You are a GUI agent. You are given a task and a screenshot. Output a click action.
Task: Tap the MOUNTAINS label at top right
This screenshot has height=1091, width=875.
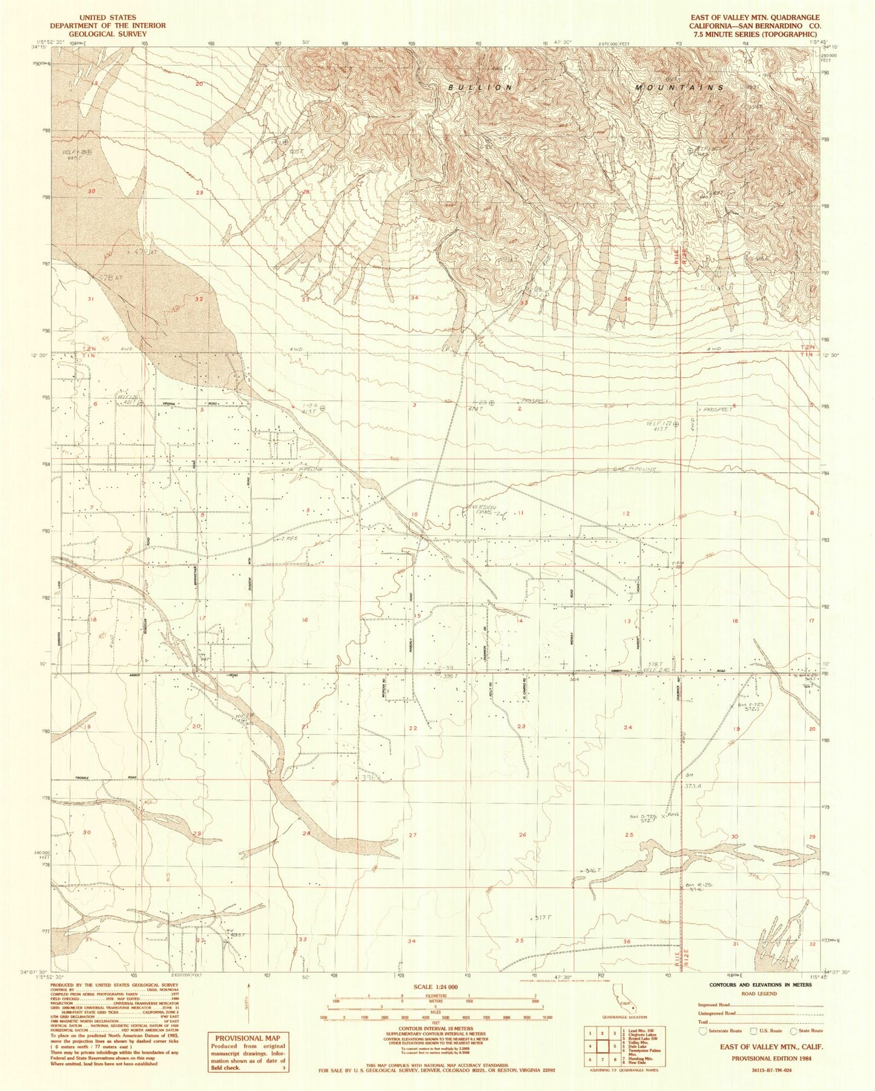click(x=679, y=88)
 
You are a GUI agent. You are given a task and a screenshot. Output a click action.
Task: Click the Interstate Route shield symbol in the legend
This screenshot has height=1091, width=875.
click(x=702, y=1030)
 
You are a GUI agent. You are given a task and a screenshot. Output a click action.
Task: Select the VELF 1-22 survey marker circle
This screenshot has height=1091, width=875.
click(x=676, y=424)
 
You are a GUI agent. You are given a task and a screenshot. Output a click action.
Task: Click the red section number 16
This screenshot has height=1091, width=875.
click(x=305, y=620)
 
